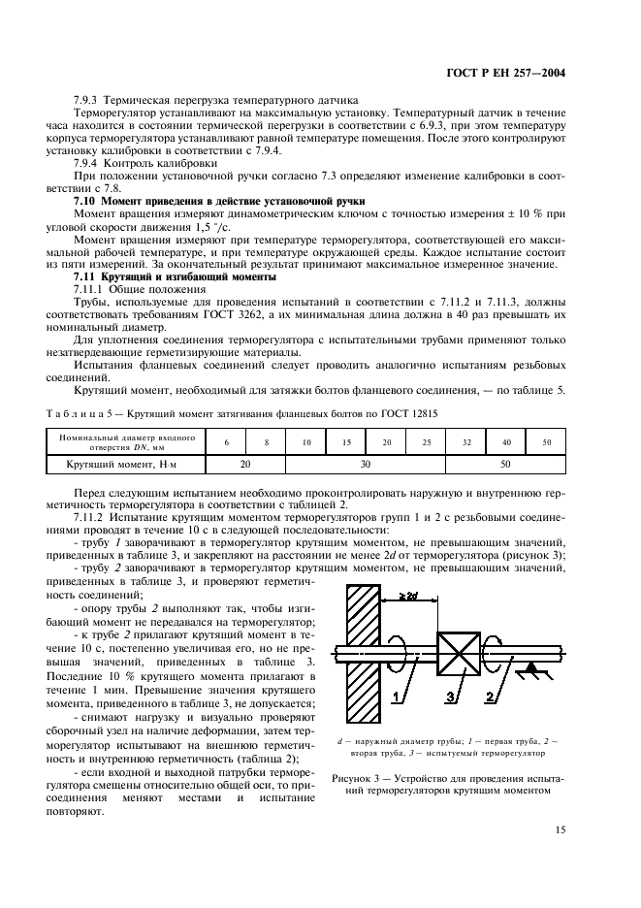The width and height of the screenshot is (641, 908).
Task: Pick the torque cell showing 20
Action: pyautogui.click(x=246, y=464)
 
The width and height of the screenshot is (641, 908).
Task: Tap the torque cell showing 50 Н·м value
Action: pyautogui.click(x=505, y=464)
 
